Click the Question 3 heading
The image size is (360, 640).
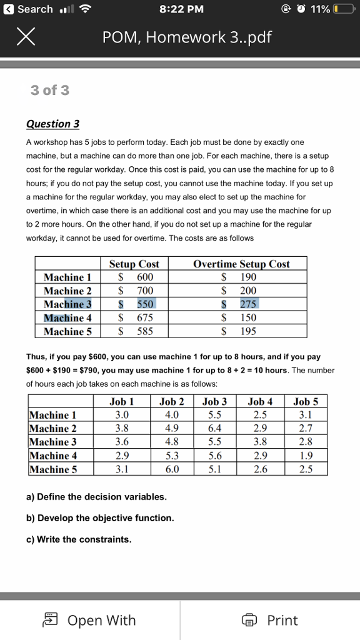click(x=52, y=124)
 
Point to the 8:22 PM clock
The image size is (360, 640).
click(x=180, y=9)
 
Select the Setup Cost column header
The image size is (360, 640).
click(x=134, y=264)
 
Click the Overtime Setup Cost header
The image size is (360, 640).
click(x=241, y=264)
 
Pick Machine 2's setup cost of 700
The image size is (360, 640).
click(x=144, y=291)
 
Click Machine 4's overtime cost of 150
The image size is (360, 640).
click(x=247, y=317)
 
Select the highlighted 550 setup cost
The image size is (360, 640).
click(x=144, y=304)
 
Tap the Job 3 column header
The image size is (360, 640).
click(x=214, y=402)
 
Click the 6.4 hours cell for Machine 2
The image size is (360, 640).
click(x=214, y=429)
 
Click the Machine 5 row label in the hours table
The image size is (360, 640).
click(x=53, y=469)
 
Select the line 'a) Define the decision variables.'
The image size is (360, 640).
click(x=96, y=497)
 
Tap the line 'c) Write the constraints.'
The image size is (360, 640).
click(x=79, y=539)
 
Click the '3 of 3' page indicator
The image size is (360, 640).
click(x=50, y=91)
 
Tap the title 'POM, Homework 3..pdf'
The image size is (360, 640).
click(x=187, y=38)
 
